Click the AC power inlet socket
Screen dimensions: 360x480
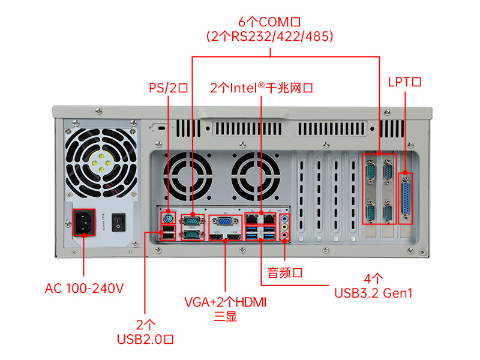coord(85,224)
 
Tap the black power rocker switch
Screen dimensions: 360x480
coord(120,223)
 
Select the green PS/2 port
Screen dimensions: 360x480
coord(169,219)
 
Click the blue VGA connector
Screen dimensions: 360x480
coord(224,221)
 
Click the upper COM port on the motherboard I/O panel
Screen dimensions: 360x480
coord(193,221)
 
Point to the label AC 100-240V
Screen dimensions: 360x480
coord(84,289)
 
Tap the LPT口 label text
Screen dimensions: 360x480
coord(406,82)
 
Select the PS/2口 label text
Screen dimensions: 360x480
coord(169,88)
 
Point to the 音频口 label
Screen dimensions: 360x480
coord(284,273)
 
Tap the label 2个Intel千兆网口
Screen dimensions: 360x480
coord(262,88)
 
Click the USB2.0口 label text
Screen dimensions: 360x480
coord(145,340)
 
